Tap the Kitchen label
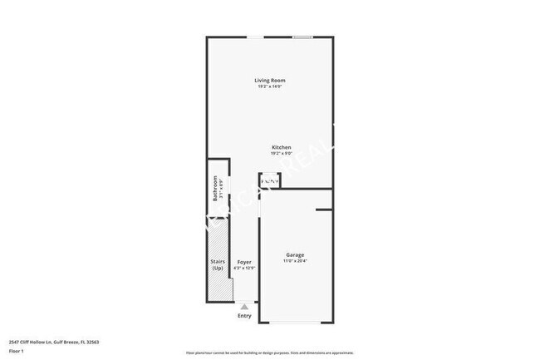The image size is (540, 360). pyautogui.click(x=281, y=147)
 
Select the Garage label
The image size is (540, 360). pyautogui.click(x=295, y=254)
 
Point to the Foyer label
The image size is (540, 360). pyautogui.click(x=244, y=262)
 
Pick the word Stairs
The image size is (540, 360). pyautogui.click(x=217, y=262)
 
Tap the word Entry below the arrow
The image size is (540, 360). pyautogui.click(x=244, y=316)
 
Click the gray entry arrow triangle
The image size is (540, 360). pyautogui.click(x=244, y=306)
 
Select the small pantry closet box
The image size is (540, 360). pyautogui.click(x=269, y=180)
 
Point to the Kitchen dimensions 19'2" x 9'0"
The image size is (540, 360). pyautogui.click(x=281, y=154)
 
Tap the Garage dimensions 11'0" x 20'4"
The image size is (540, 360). pyautogui.click(x=295, y=261)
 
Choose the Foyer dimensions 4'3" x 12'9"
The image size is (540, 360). pyautogui.click(x=244, y=268)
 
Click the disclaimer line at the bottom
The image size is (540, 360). pyautogui.click(x=269, y=353)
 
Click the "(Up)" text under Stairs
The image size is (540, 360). pyautogui.click(x=217, y=269)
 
